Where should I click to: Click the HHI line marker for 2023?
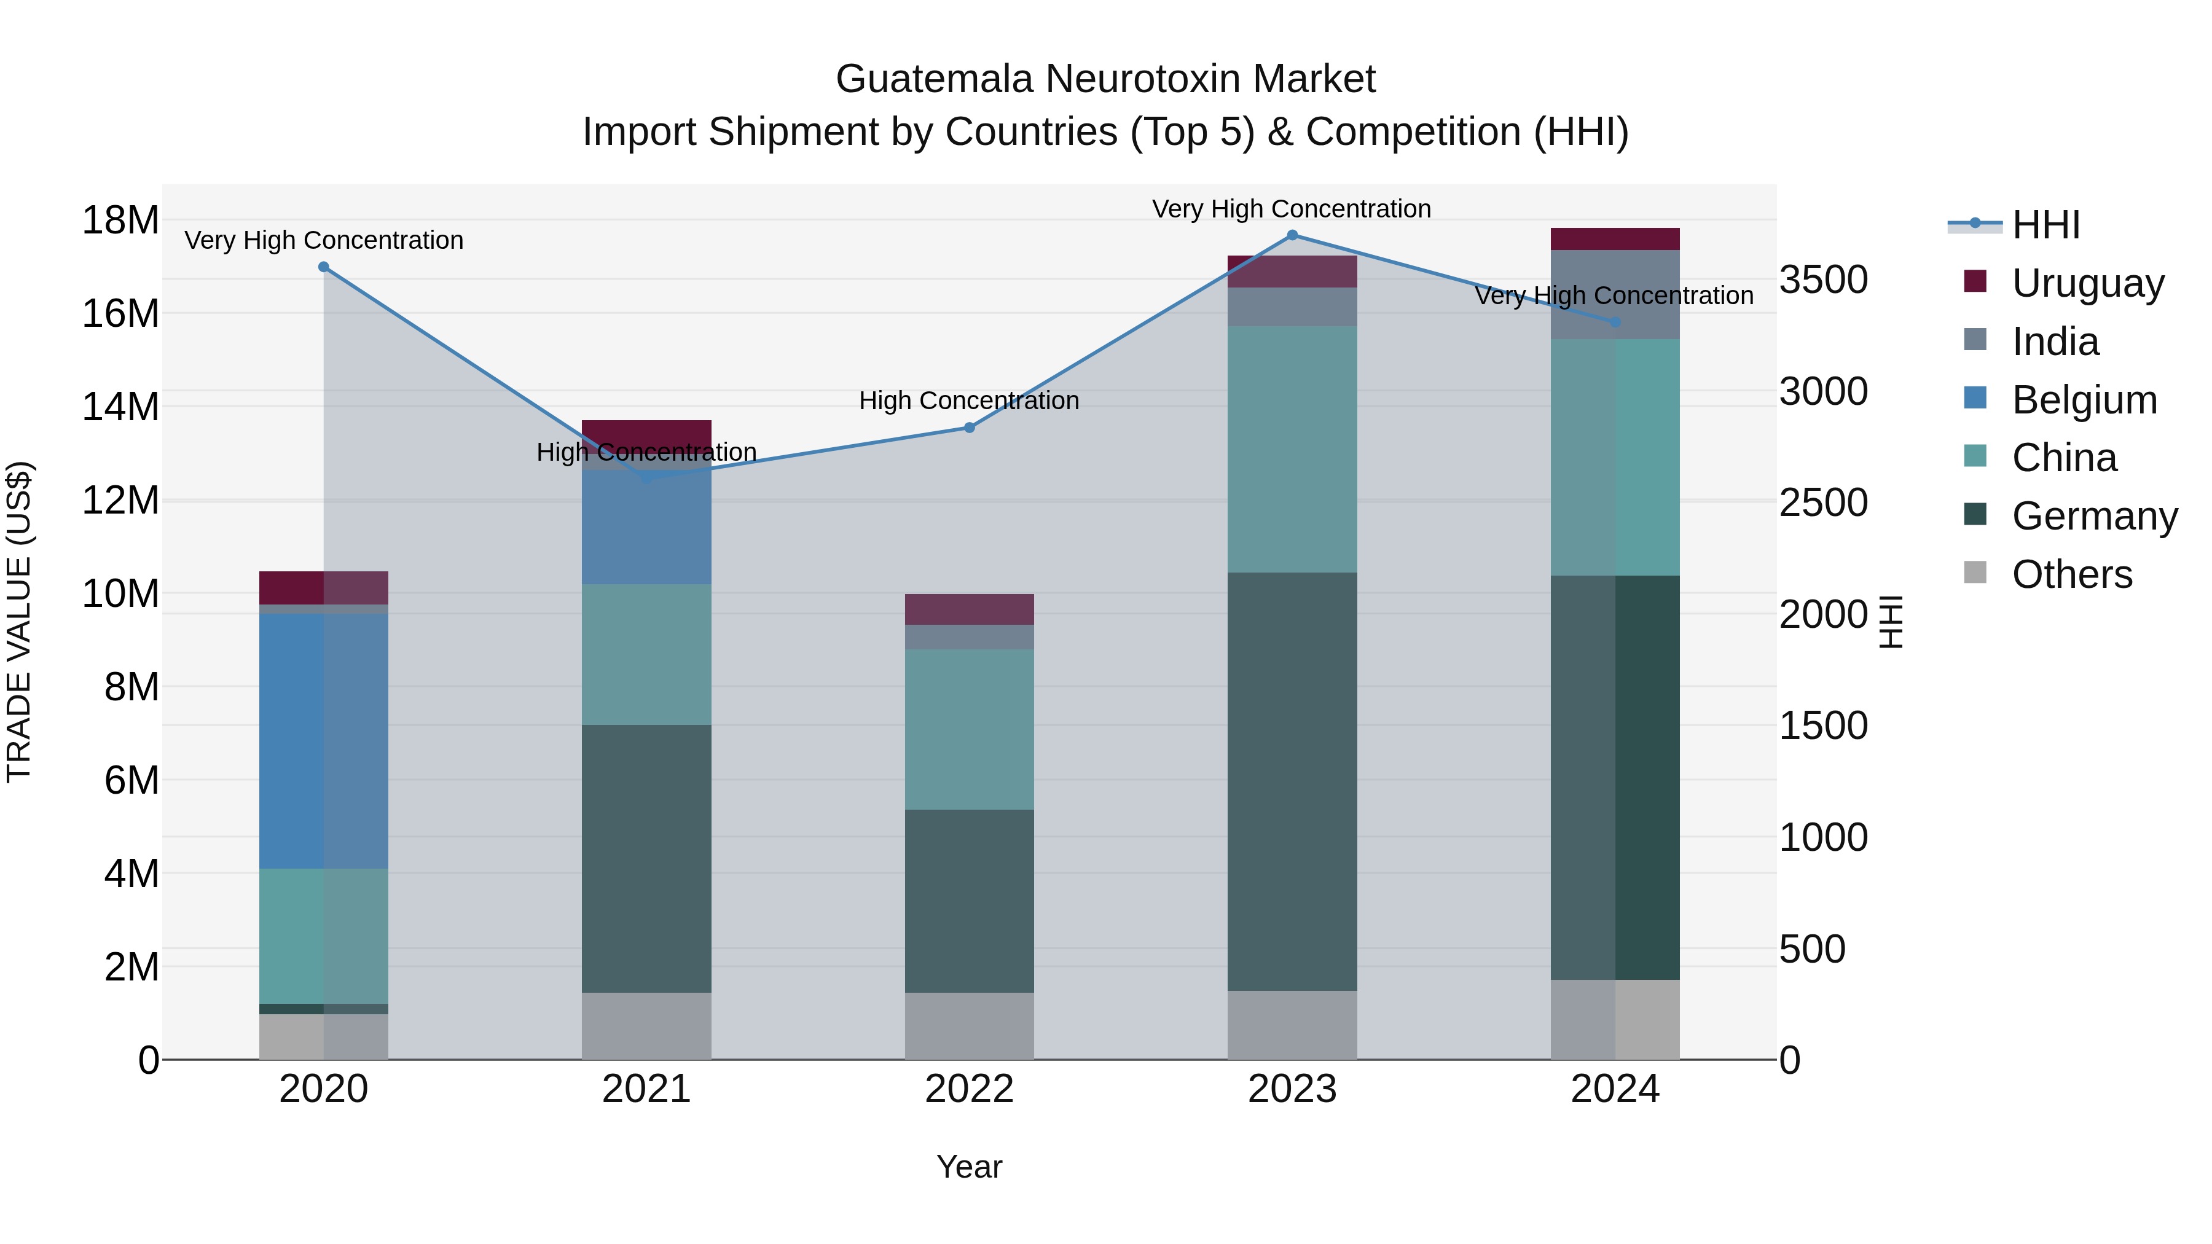coord(1292,235)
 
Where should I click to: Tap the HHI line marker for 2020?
coord(324,267)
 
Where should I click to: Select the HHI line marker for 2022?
coord(970,428)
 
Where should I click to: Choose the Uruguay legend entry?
coord(2087,283)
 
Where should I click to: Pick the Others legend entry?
coord(2071,574)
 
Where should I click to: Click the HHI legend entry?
coord(2045,225)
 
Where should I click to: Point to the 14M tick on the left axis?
coord(120,407)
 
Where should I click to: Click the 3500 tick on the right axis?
coord(1824,280)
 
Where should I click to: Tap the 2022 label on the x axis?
coord(970,1089)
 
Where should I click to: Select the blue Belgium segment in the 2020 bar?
coord(292,741)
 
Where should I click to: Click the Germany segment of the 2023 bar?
coord(1292,781)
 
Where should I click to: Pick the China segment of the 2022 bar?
coord(970,730)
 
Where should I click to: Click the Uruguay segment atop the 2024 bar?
coord(1614,240)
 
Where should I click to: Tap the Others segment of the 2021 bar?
coord(646,1026)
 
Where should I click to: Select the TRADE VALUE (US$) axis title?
coord(19,622)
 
